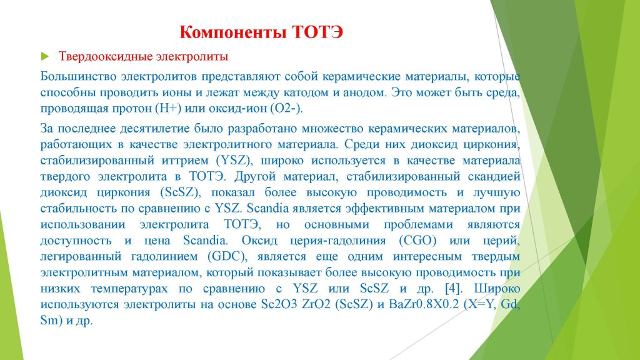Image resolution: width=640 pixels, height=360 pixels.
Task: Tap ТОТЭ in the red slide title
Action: click(x=317, y=32)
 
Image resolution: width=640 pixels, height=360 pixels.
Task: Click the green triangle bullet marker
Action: click(x=45, y=56)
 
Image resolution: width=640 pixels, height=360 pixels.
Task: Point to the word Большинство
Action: click(x=77, y=77)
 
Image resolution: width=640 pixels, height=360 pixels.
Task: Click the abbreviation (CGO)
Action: click(x=417, y=241)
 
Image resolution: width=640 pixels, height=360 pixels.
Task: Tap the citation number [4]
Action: click(x=454, y=289)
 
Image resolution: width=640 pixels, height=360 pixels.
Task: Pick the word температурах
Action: click(x=129, y=289)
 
